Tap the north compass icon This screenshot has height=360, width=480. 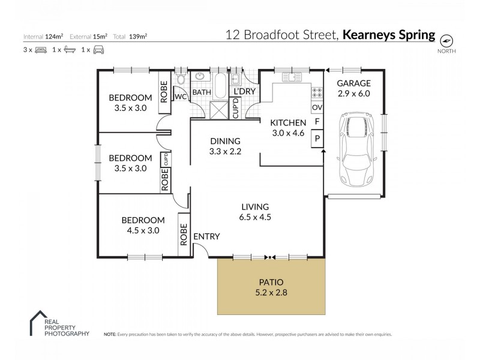[446, 41]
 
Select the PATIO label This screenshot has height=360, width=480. [271, 281]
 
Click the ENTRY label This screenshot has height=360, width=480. [206, 237]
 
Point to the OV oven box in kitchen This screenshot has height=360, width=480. [317, 107]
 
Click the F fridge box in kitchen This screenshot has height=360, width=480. [317, 122]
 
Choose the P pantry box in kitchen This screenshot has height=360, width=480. [317, 139]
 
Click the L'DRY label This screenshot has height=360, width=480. [245, 91]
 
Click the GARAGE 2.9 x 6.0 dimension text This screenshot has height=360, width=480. [353, 94]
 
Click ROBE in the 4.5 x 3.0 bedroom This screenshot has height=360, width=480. [183, 235]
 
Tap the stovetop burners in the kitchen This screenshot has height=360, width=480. [317, 93]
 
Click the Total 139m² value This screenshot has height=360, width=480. [138, 36]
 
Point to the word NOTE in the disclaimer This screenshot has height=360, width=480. [110, 334]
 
